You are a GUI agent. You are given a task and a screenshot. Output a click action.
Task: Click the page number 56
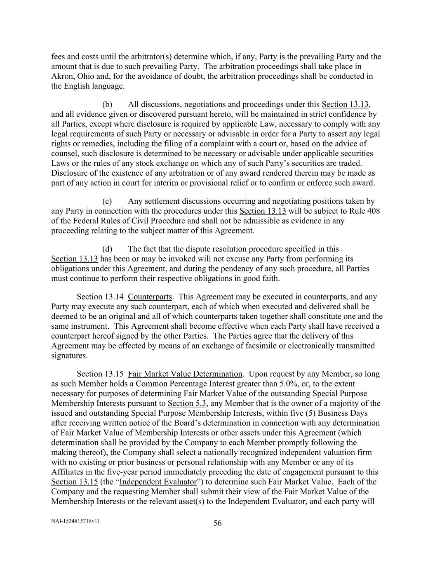pyautogui.click(x=217, y=523)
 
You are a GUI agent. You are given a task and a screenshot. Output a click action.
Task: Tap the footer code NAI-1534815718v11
pyautogui.click(x=75, y=521)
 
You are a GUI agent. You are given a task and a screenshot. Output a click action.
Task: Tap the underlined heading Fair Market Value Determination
pyautogui.click(x=185, y=374)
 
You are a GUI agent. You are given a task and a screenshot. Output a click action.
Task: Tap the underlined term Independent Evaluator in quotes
pyautogui.click(x=158, y=482)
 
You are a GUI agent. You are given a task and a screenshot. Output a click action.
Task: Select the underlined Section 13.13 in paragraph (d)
pyautogui.click(x=74, y=259)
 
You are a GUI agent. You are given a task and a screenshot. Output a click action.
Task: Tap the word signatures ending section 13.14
pyautogui.click(x=69, y=356)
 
